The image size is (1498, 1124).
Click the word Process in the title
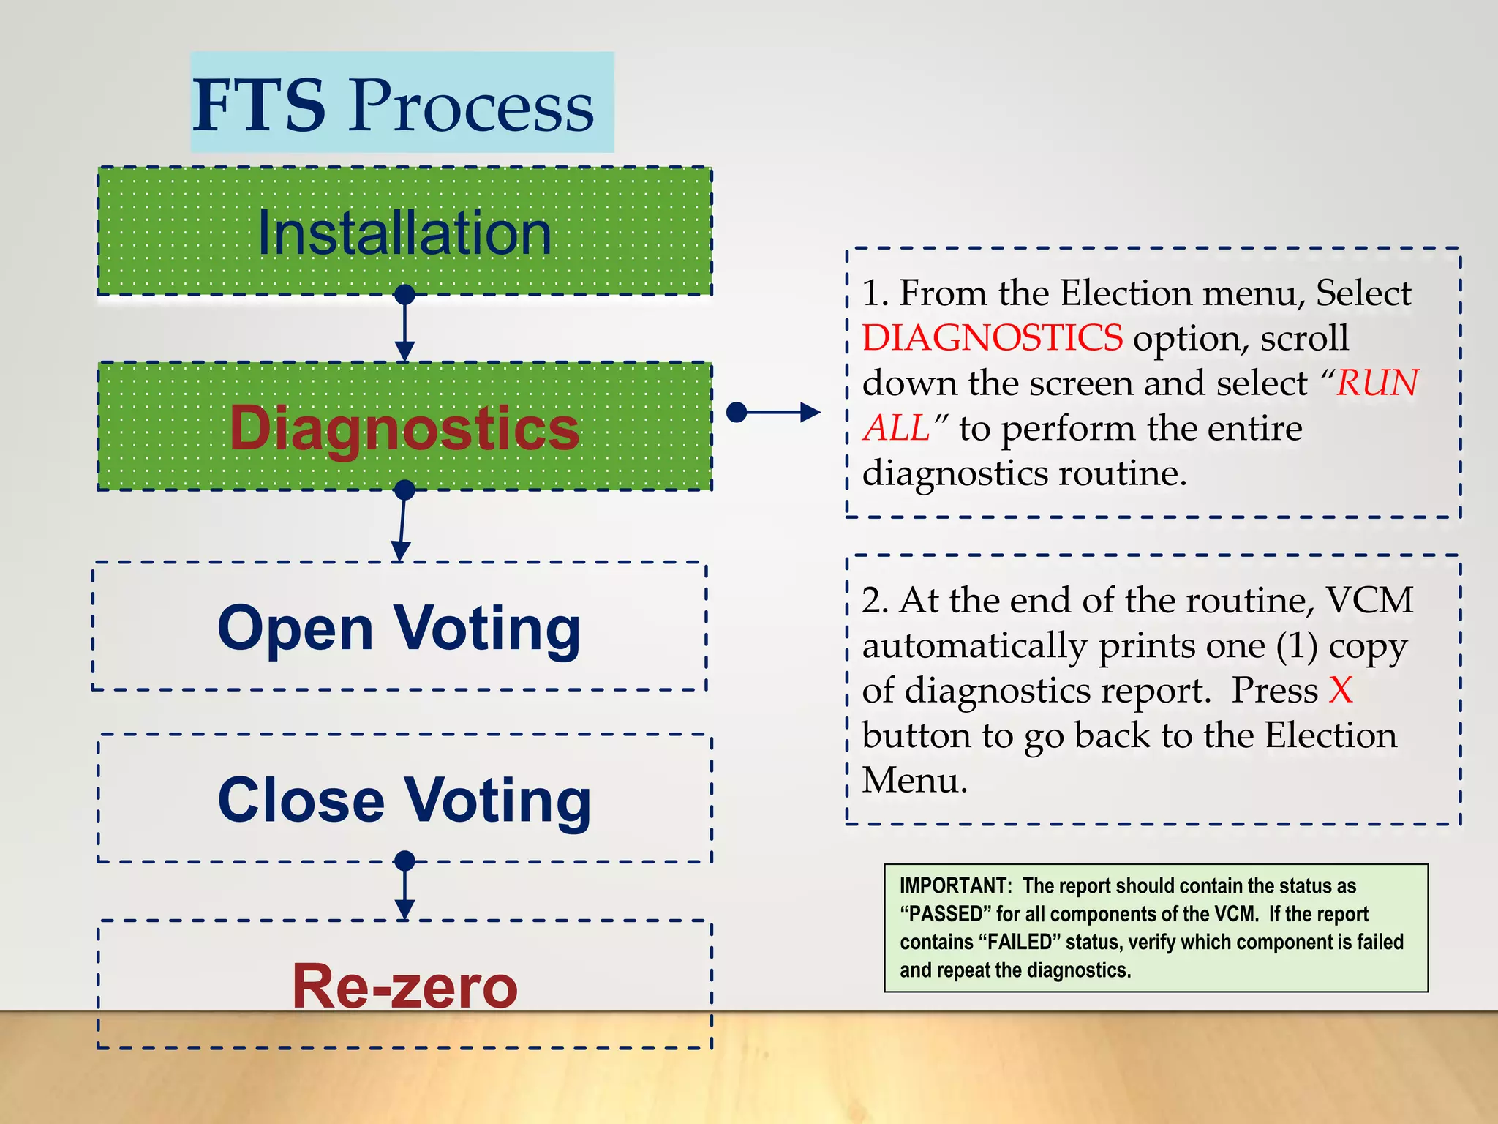pos(471,108)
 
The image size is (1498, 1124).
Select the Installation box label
pos(404,233)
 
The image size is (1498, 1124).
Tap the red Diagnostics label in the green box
pos(404,428)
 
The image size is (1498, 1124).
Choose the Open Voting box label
pos(399,628)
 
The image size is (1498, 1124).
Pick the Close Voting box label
pos(404,800)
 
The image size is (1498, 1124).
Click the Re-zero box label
pos(404,986)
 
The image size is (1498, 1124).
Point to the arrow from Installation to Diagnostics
pos(404,327)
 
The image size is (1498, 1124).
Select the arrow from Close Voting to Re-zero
pos(404,890)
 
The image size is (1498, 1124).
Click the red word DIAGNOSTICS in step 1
pos(992,338)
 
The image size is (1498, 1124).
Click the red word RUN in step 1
pos(1377,383)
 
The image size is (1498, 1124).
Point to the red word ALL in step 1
pos(895,428)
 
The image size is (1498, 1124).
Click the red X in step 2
pos(1341,690)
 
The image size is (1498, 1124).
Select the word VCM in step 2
pos(1369,601)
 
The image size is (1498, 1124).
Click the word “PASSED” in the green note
pos(942,914)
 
